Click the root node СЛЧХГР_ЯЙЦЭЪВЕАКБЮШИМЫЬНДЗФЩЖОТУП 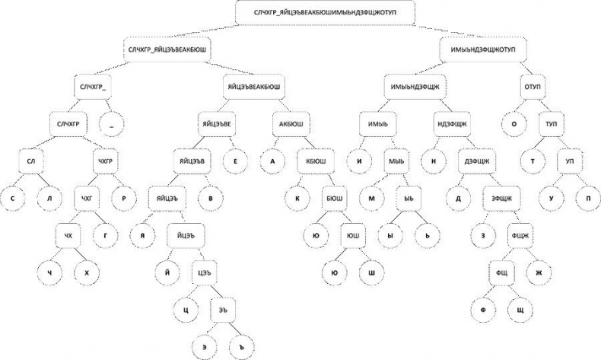point(326,13)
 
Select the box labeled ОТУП point(532,87)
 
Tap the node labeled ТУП point(548,123)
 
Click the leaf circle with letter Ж point(539,271)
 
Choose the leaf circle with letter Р point(122,198)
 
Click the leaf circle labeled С point(13,198)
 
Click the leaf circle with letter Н point(434,161)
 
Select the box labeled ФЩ point(500,271)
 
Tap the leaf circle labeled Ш point(371,271)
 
